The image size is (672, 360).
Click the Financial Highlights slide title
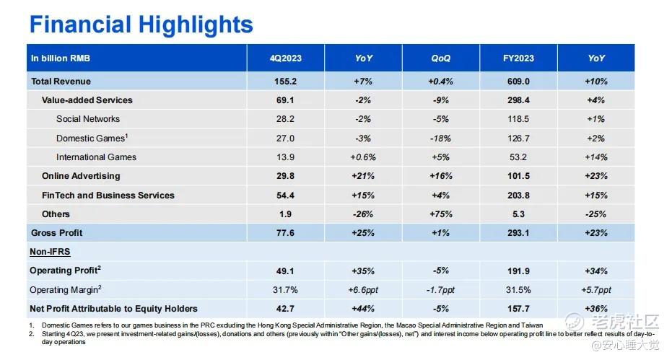tap(141, 25)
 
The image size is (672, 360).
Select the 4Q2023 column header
tap(285, 58)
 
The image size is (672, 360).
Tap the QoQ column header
tap(440, 58)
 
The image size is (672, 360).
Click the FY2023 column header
tap(518, 58)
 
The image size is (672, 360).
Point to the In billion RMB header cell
tap(61, 58)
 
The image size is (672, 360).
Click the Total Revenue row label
tap(61, 82)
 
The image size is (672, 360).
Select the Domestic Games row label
tap(92, 138)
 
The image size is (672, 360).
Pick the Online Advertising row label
tap(81, 176)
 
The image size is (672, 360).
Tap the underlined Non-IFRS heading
tap(50, 252)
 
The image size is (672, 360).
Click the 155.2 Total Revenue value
tap(285, 82)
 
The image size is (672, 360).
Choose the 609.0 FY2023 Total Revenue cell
tap(518, 82)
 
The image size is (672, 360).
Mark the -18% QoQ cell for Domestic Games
tap(440, 139)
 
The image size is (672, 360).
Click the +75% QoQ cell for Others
tap(440, 214)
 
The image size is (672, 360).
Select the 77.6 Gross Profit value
tap(285, 233)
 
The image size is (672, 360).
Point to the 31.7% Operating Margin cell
tap(285, 290)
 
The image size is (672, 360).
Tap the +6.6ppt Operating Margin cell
tap(363, 290)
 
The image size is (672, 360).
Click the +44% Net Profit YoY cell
tap(363, 309)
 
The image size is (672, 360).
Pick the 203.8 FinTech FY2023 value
tap(518, 196)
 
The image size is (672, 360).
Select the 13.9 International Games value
tap(285, 157)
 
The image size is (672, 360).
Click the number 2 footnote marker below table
tap(32, 334)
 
